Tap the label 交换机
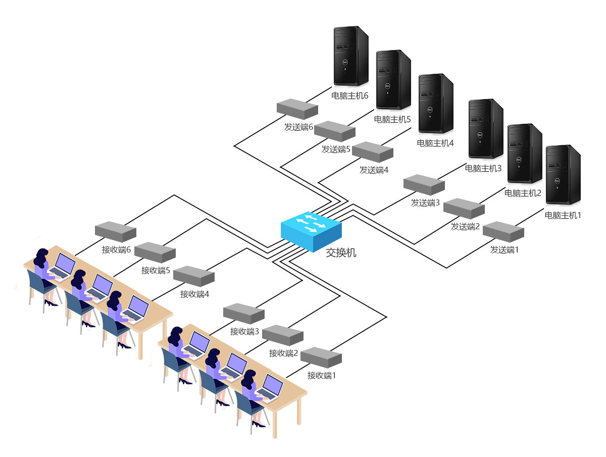[341, 252]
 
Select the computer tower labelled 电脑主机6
[351, 56]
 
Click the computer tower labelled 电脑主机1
[563, 174]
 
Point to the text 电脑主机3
[483, 168]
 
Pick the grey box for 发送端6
[297, 109]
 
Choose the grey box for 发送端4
[373, 151]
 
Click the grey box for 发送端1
[503, 232]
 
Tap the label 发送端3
[425, 203]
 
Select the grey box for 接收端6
[116, 231]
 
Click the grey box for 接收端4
[194, 276]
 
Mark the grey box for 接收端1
[321, 357]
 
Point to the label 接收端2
[283, 353]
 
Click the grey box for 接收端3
[244, 313]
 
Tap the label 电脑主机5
[392, 120]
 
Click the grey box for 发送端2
[464, 208]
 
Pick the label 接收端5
[156, 270]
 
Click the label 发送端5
[336, 149]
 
